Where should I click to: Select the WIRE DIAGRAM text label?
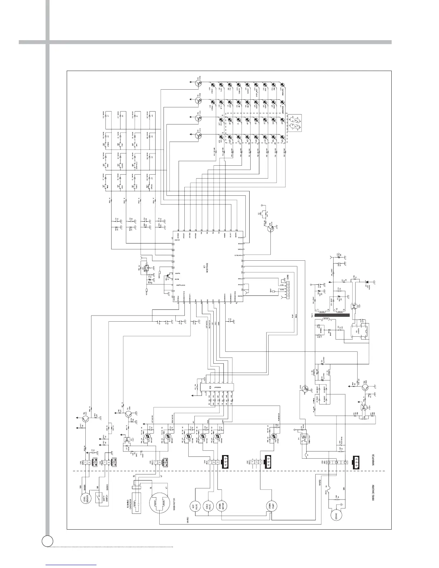pyautogui.click(x=373, y=495)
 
